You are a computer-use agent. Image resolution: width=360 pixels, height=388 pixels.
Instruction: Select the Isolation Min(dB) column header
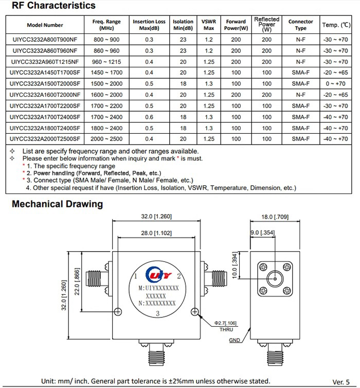[x=183, y=25]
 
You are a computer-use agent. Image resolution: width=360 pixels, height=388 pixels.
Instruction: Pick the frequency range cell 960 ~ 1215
[x=106, y=62]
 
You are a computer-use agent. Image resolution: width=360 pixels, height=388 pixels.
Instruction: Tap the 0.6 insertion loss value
[x=149, y=117]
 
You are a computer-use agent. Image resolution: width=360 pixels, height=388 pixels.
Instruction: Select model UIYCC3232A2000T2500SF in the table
[x=45, y=139]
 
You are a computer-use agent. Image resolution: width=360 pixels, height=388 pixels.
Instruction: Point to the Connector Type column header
[x=300, y=25]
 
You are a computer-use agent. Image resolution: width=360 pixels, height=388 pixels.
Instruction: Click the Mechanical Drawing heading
[x=57, y=204]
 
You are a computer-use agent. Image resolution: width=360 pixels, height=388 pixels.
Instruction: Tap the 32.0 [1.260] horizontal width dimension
[x=157, y=216]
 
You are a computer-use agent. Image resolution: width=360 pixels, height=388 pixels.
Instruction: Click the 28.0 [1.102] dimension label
[x=157, y=233]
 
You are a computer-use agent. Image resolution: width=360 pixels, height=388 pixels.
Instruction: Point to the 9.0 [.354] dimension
[x=262, y=234]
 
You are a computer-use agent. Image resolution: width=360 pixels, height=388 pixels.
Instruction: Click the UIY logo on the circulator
[x=157, y=273]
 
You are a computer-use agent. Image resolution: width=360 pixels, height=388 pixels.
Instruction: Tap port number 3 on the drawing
[x=158, y=314]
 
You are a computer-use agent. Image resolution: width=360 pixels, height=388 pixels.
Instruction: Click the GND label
[x=235, y=341]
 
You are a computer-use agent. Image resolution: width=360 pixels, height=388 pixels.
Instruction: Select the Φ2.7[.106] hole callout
[x=226, y=323]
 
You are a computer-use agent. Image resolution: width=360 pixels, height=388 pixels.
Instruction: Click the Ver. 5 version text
[x=341, y=381]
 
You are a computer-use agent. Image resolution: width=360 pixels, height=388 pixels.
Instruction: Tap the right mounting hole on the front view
[x=194, y=310]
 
